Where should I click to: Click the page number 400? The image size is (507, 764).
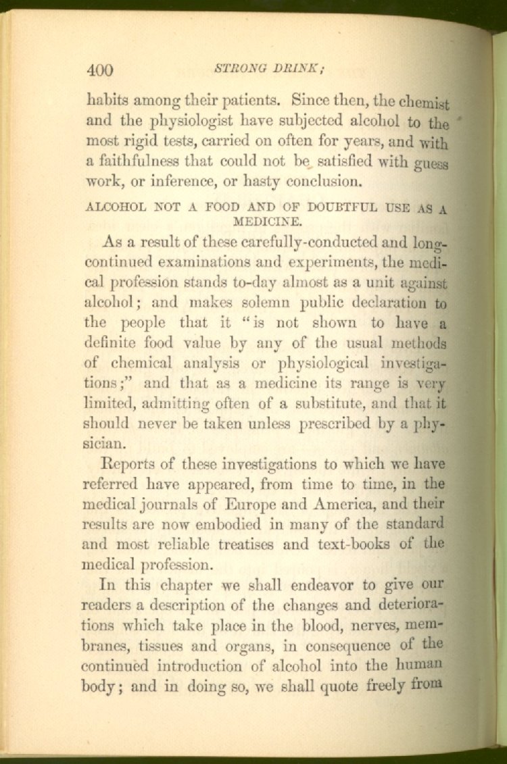click(x=100, y=70)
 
